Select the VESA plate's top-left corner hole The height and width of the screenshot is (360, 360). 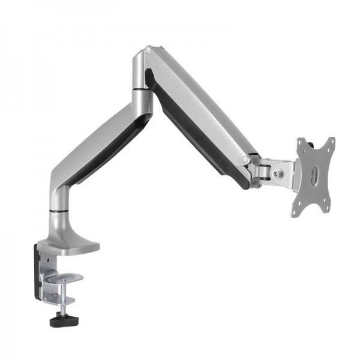click(x=301, y=143)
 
